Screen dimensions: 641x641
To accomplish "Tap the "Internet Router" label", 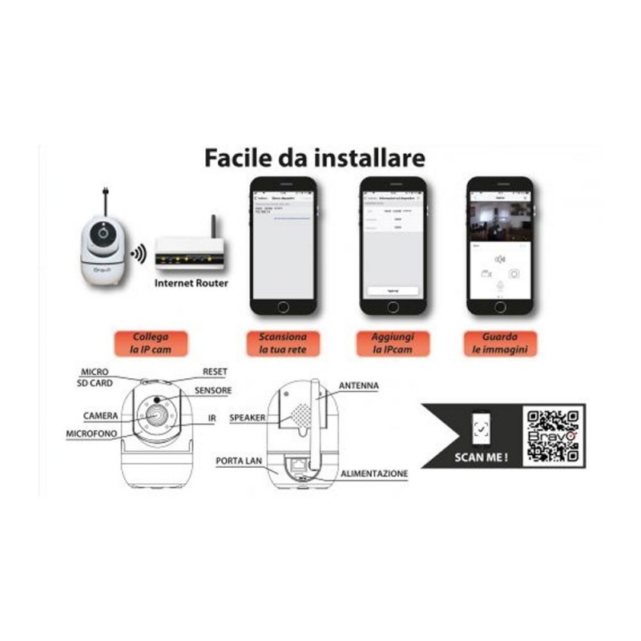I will click(191, 282).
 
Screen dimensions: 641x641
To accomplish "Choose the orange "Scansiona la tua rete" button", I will click(283, 343).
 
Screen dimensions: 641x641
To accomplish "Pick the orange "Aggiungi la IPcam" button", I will click(389, 343).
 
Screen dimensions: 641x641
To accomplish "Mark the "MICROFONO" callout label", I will click(92, 433).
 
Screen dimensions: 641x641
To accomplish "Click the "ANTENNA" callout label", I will click(358, 386).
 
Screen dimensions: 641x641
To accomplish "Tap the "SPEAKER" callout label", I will click(247, 417).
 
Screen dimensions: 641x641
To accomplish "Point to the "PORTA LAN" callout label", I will click(240, 462).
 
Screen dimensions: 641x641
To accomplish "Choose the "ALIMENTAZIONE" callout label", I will click(374, 474).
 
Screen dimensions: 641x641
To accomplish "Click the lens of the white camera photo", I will click(103, 236).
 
